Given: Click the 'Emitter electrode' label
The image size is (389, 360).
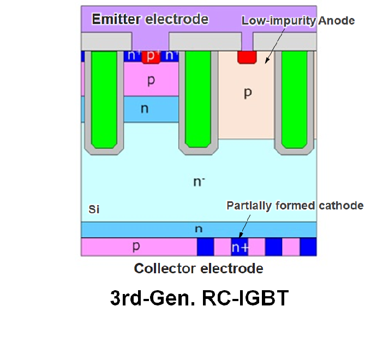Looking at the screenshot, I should [149, 20].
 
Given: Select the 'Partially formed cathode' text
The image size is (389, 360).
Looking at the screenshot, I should [295, 206].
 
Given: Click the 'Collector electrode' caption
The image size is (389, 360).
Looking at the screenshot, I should [199, 268].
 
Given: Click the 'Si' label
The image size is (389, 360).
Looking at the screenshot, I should [94, 209].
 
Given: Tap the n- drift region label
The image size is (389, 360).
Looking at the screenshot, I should [199, 182].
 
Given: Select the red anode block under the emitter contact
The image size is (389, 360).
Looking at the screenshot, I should [247, 56].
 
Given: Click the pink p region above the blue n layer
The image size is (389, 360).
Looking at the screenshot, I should [152, 81].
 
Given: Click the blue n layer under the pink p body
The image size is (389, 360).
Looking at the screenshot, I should [145, 109].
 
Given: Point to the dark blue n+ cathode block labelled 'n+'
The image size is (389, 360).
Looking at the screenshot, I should [240, 247].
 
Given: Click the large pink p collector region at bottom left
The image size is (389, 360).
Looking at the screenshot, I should [136, 247].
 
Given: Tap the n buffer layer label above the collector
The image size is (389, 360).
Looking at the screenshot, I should [199, 230].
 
